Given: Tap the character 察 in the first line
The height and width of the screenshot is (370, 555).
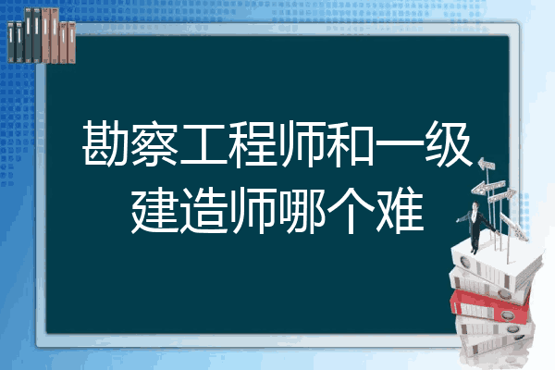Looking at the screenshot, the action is [154, 143].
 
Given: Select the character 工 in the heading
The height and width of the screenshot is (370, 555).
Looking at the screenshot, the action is [203, 143].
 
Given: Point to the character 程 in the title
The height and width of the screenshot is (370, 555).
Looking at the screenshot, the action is [252, 143].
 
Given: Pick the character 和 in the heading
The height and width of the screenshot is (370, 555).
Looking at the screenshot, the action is [350, 143].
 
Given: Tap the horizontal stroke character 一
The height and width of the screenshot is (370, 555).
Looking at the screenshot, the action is [398, 143].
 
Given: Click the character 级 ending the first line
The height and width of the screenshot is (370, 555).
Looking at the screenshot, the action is [448, 143].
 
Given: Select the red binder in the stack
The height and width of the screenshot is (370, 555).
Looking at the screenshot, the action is [490, 305].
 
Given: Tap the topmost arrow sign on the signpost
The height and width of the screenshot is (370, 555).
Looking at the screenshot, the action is [487, 164].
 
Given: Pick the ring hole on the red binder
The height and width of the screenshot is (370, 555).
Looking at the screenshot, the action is [507, 315].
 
